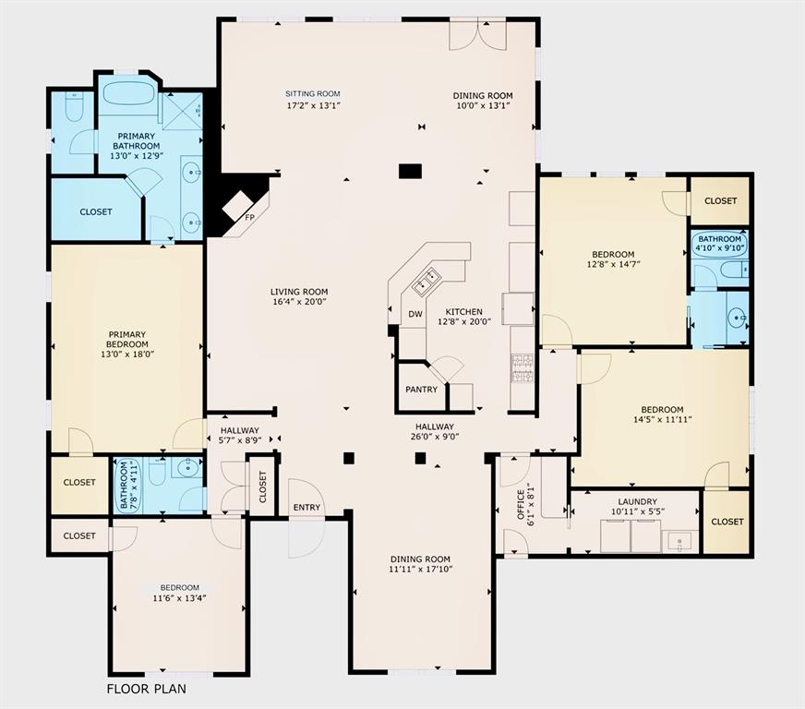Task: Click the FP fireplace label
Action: tap(248, 217)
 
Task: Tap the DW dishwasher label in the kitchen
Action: tap(415, 314)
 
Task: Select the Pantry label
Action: tap(421, 390)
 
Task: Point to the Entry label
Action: tap(306, 508)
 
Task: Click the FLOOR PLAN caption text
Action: tap(148, 689)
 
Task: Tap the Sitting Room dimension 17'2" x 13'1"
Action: tap(313, 105)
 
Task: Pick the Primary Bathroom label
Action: tap(135, 140)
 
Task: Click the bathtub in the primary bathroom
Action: tap(129, 93)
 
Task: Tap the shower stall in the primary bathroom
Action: tap(183, 111)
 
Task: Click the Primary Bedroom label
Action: tap(127, 340)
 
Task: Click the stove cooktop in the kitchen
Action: tap(523, 368)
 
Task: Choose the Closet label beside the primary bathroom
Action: tap(96, 211)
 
